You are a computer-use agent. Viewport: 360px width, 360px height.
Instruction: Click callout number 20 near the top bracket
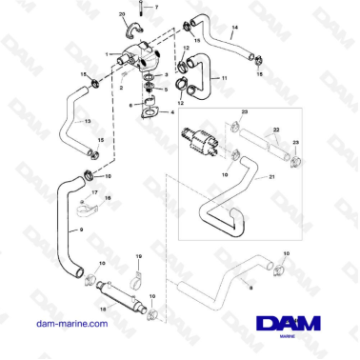pos(122,15)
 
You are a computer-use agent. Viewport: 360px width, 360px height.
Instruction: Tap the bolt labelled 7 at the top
pos(140,8)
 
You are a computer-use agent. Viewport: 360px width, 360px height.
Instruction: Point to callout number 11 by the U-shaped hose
pos(225,77)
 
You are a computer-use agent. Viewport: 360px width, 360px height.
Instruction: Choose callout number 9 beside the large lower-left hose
pos(82,230)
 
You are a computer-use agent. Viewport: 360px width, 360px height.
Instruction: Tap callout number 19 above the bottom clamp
pos(138,256)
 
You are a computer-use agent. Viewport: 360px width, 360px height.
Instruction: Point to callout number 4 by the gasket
pos(172,112)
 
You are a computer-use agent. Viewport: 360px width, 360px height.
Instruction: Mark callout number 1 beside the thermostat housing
pos(108,53)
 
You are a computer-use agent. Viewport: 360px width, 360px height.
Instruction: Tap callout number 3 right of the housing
pos(168,73)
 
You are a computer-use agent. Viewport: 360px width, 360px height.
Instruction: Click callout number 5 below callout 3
pos(168,89)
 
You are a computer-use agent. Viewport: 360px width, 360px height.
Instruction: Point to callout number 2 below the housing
pos(121,87)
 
